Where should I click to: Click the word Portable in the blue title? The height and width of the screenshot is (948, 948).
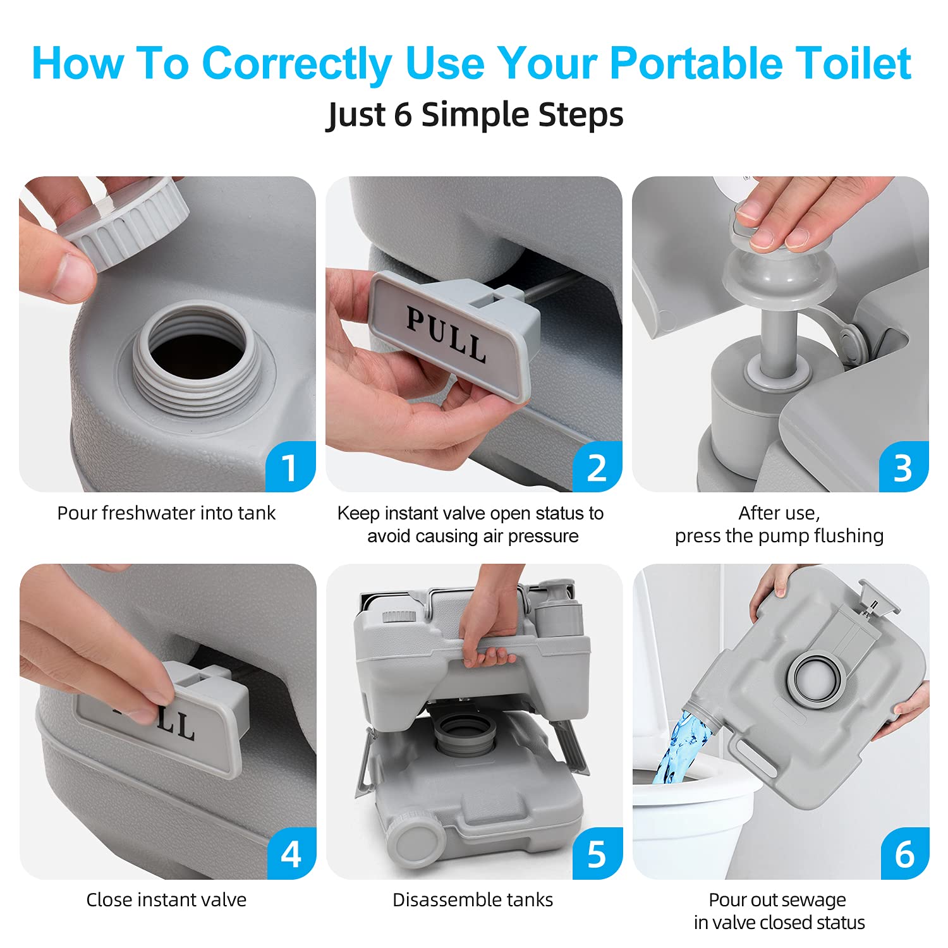(695, 63)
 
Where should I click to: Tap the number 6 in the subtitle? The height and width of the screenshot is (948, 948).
(403, 115)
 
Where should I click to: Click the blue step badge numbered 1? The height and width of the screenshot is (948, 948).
(290, 468)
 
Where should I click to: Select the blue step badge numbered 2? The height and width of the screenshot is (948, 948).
(597, 468)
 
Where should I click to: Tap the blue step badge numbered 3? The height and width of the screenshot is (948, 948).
(903, 468)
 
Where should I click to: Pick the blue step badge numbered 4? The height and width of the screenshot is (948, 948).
(291, 854)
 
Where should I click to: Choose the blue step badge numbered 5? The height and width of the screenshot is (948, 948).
(597, 854)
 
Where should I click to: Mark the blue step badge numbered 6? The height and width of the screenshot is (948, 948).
(904, 854)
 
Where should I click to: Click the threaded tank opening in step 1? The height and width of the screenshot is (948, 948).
(196, 357)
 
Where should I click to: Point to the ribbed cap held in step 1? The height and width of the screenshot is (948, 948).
(126, 221)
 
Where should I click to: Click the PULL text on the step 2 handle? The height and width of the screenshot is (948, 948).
(446, 335)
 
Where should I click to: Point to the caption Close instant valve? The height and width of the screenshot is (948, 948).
(166, 900)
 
